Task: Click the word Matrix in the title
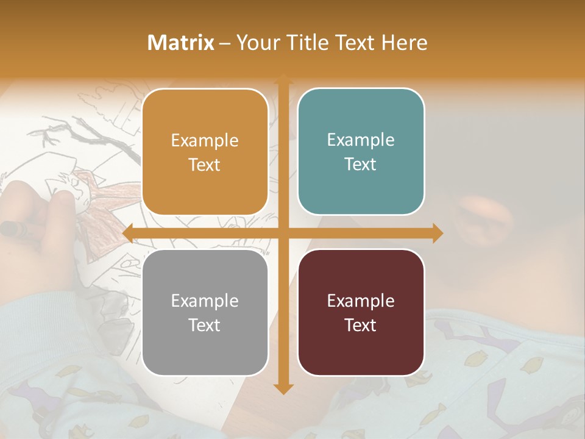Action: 181,43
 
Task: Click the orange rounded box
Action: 205,152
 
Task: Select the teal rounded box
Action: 361,152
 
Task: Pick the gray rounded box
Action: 205,312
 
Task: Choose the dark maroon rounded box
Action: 361,312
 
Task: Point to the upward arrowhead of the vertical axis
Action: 282,79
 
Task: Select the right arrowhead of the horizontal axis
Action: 437,234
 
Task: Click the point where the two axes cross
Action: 282,234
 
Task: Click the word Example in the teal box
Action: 361,140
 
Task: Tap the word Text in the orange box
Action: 205,165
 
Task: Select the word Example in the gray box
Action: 205,301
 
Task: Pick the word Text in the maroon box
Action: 361,325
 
